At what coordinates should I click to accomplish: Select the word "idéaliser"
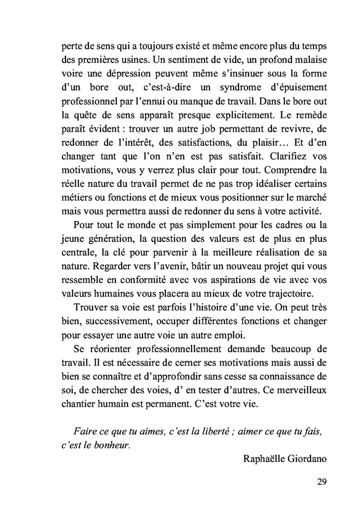(273, 183)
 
